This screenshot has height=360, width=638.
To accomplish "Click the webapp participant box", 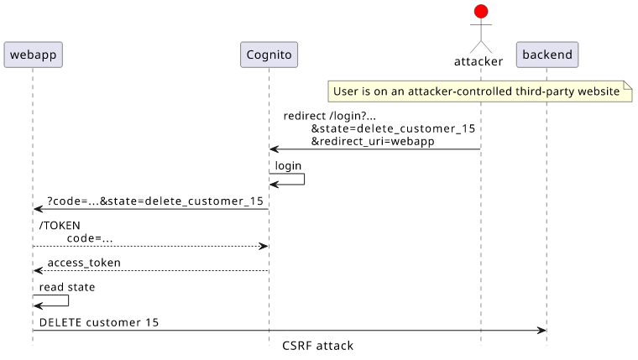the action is click(33, 55).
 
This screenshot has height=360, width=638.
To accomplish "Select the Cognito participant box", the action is click(269, 55).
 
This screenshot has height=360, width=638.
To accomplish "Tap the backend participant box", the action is click(547, 55).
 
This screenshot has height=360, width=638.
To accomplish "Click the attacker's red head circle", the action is click(481, 12).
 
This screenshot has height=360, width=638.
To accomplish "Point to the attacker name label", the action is click(478, 61).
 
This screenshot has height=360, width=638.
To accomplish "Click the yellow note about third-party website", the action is click(480, 91).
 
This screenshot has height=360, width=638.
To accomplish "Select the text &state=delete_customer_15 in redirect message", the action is click(393, 128).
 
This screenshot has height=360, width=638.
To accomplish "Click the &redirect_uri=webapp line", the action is click(373, 141).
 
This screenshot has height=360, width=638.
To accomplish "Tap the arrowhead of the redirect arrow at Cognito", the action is click(274, 149).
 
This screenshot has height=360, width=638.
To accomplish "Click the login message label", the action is click(288, 165).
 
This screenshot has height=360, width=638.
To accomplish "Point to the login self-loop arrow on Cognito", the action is click(305, 180).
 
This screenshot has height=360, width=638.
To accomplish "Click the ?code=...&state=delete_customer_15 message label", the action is click(155, 201).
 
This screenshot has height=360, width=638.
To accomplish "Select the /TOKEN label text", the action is click(60, 226).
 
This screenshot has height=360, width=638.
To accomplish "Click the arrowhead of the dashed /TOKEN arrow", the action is click(264, 246).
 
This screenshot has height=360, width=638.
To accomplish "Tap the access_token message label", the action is click(84, 263).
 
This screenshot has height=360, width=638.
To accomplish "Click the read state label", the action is click(67, 287).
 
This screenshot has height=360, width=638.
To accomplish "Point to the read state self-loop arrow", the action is click(68, 300).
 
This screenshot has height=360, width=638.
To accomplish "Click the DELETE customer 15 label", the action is click(99, 322).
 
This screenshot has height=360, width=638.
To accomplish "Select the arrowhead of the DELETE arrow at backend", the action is click(541, 331).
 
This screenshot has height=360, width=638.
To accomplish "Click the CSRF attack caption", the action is click(318, 346).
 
